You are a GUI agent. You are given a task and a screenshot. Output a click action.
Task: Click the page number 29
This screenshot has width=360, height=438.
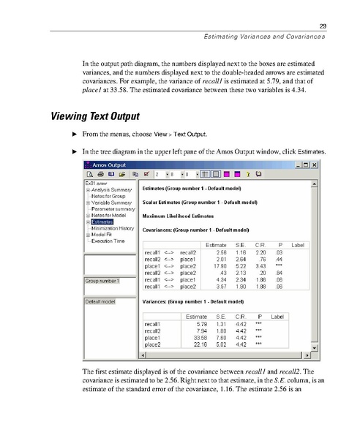click(x=322, y=27)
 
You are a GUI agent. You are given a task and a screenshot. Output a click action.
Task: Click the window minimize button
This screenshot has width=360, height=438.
click(x=297, y=165)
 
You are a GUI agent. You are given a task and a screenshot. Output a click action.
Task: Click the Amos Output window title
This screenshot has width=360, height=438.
click(x=117, y=165)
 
